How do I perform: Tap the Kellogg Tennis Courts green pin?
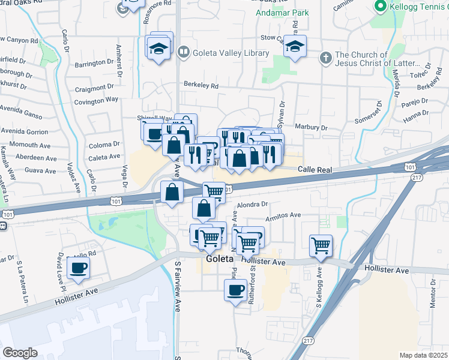[x=379, y=7]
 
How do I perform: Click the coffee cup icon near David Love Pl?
[x=78, y=268]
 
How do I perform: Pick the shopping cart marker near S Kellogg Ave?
[x=321, y=245]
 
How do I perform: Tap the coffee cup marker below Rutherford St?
[x=235, y=292]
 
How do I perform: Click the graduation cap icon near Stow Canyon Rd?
[x=295, y=46]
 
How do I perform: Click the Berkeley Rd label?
[x=201, y=85]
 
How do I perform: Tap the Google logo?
[x=20, y=353]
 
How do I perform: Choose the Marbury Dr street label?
[x=311, y=128]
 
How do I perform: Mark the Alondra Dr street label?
[x=252, y=205]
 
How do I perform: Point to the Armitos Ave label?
[x=286, y=215]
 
